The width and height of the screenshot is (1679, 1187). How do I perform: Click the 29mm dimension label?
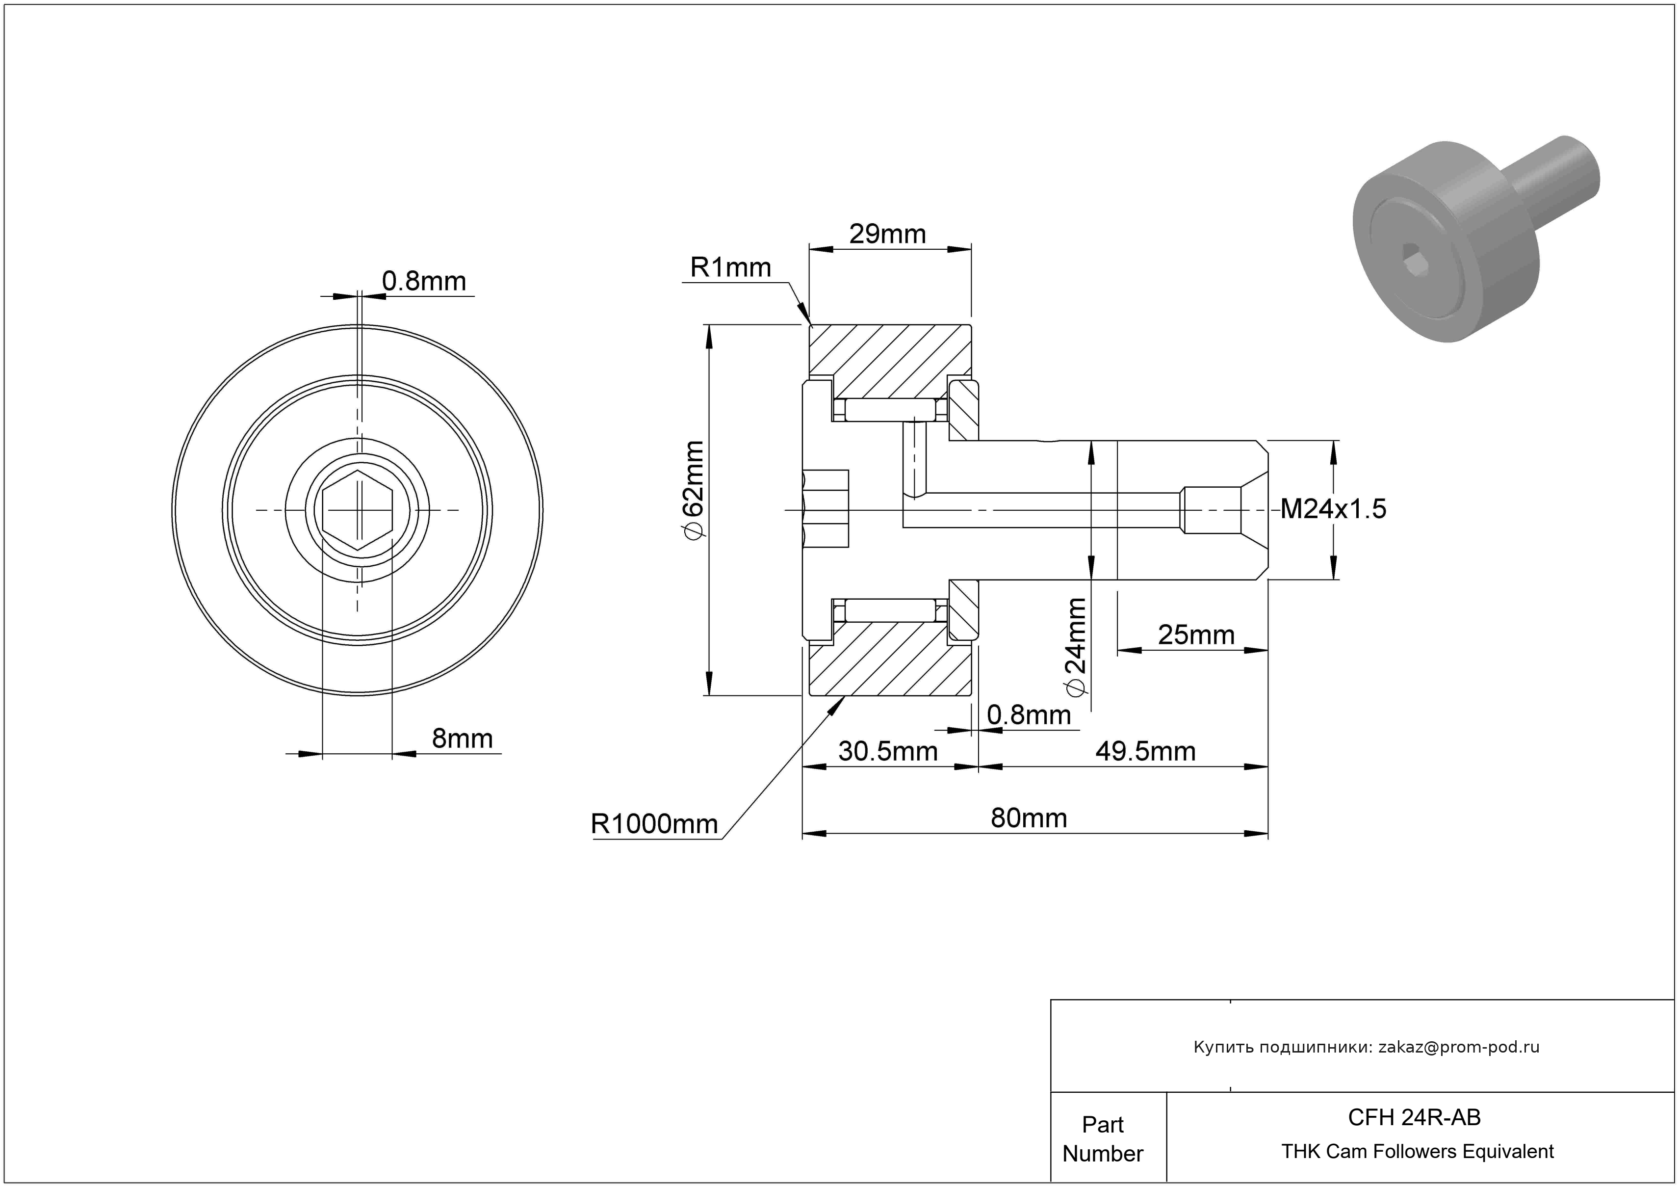887,234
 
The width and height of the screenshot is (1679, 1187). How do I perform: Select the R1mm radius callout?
730,268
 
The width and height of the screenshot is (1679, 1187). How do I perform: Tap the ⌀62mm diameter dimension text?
692,490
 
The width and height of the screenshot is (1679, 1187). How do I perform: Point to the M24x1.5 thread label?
1332,509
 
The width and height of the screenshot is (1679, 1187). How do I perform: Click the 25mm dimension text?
1196,635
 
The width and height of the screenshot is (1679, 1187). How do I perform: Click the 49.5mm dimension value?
1145,751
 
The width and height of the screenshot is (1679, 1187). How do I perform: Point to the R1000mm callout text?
654,824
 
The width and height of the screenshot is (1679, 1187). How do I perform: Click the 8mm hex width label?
462,739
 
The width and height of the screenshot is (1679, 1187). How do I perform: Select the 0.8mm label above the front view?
423,281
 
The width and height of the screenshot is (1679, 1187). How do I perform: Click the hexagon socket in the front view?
358,510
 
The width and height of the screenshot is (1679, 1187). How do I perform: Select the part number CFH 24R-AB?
1414,1117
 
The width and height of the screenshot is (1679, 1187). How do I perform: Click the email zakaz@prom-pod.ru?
1458,1047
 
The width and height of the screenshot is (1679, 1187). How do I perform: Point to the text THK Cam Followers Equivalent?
1417,1152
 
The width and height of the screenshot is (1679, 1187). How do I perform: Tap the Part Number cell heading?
1102,1139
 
